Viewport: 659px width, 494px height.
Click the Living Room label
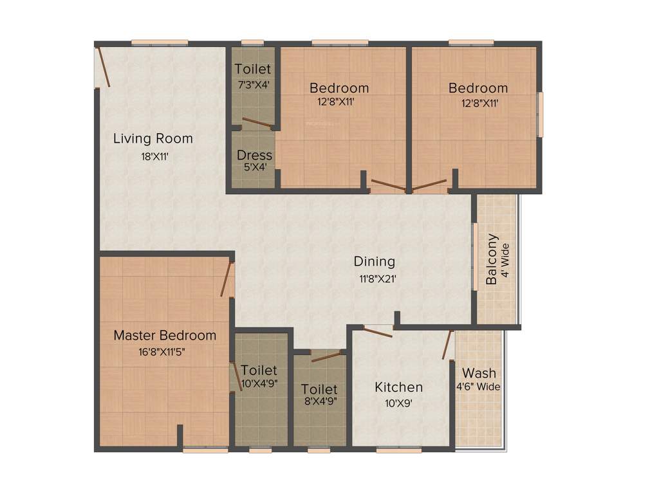pos(153,138)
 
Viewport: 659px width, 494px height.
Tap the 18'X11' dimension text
pos(154,156)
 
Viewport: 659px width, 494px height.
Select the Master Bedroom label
pos(165,335)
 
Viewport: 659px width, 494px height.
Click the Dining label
pos(374,262)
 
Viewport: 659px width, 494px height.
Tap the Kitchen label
pos(399,387)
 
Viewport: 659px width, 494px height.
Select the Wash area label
pos(479,373)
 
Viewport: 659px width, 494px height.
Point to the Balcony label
pos(492,259)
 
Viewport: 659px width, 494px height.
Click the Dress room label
pos(254,155)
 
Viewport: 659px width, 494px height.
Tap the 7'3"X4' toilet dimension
pos(253,84)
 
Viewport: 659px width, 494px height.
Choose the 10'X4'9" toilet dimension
pos(259,383)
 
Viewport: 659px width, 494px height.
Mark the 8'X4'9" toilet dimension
pos(319,401)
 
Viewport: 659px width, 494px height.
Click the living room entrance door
pos(104,66)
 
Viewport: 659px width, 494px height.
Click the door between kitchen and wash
pos(447,345)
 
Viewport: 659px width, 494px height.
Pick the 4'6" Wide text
pos(478,387)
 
